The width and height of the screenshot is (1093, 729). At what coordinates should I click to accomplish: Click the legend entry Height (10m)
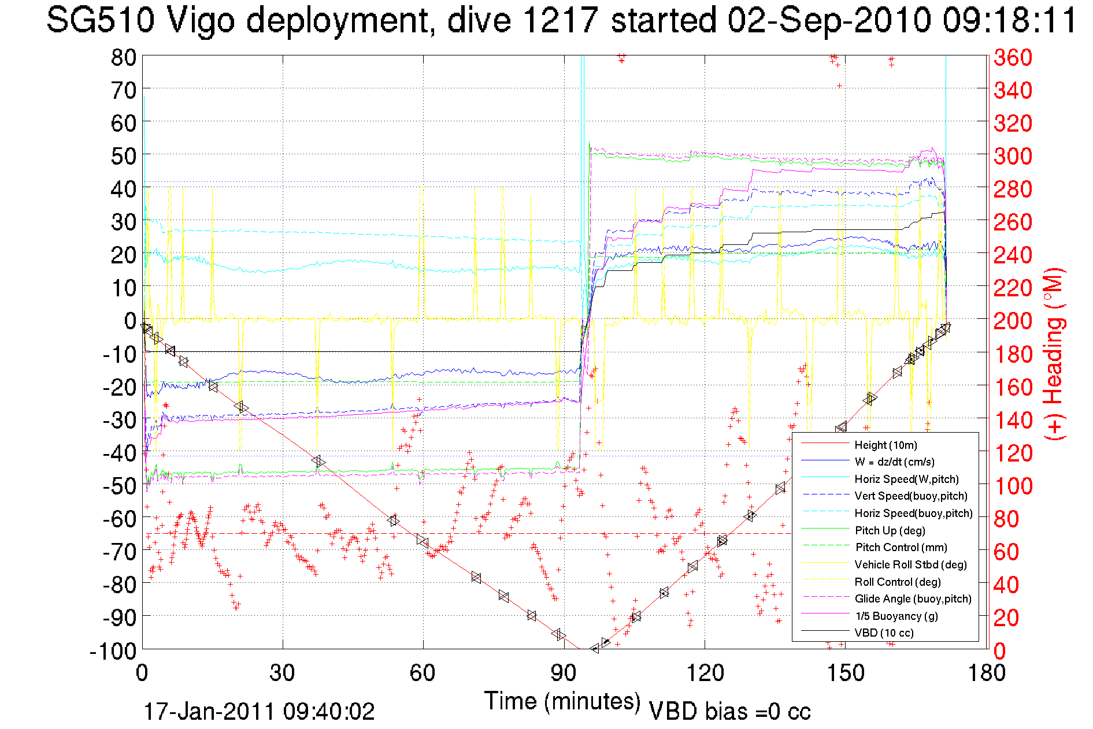[885, 445]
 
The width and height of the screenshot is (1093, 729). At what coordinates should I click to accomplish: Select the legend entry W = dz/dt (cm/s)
[894, 462]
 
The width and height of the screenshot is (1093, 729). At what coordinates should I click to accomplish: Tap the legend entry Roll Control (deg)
[897, 582]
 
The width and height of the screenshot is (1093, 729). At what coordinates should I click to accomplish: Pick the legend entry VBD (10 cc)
[884, 633]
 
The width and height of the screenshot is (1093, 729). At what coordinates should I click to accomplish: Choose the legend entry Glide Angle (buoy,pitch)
[913, 598]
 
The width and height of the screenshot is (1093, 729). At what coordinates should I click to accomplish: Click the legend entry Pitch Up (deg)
[890, 530]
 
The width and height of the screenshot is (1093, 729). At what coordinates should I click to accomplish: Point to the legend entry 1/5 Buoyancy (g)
[896, 616]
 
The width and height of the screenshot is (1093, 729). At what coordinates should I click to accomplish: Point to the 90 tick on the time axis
[564, 673]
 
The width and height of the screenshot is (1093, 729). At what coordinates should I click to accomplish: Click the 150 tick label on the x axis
[845, 673]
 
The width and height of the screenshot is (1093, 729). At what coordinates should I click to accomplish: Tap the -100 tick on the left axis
[113, 651]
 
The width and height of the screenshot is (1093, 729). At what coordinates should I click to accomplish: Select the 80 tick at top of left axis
[123, 57]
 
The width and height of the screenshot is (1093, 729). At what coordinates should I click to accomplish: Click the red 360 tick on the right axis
[1013, 57]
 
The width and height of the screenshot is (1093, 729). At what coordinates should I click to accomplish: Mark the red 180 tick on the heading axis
[1013, 354]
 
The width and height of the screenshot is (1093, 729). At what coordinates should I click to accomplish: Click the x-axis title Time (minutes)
[562, 701]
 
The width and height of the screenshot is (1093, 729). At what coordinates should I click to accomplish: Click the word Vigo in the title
[201, 21]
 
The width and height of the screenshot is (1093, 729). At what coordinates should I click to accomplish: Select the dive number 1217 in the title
[560, 21]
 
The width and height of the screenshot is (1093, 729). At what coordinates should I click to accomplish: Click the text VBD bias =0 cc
[729, 711]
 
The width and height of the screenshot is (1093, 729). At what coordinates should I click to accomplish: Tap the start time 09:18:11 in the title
[1009, 21]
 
